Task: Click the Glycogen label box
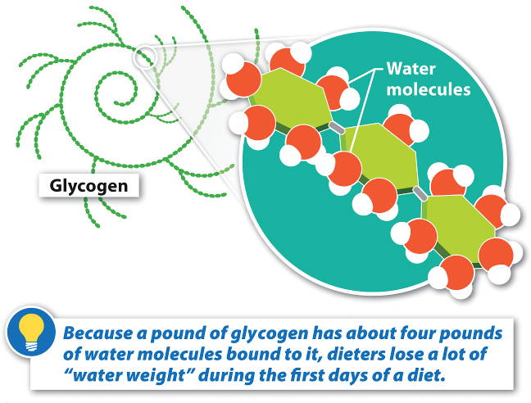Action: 88,186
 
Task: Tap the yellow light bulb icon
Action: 31,332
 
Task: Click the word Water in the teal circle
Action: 411,69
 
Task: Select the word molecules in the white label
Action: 429,89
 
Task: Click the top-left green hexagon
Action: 292,97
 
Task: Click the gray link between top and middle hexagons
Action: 337,128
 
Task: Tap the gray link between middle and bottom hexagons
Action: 420,193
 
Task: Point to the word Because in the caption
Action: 98,333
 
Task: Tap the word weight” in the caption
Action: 165,376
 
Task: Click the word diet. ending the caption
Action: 425,375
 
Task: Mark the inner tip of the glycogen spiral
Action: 116,102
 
